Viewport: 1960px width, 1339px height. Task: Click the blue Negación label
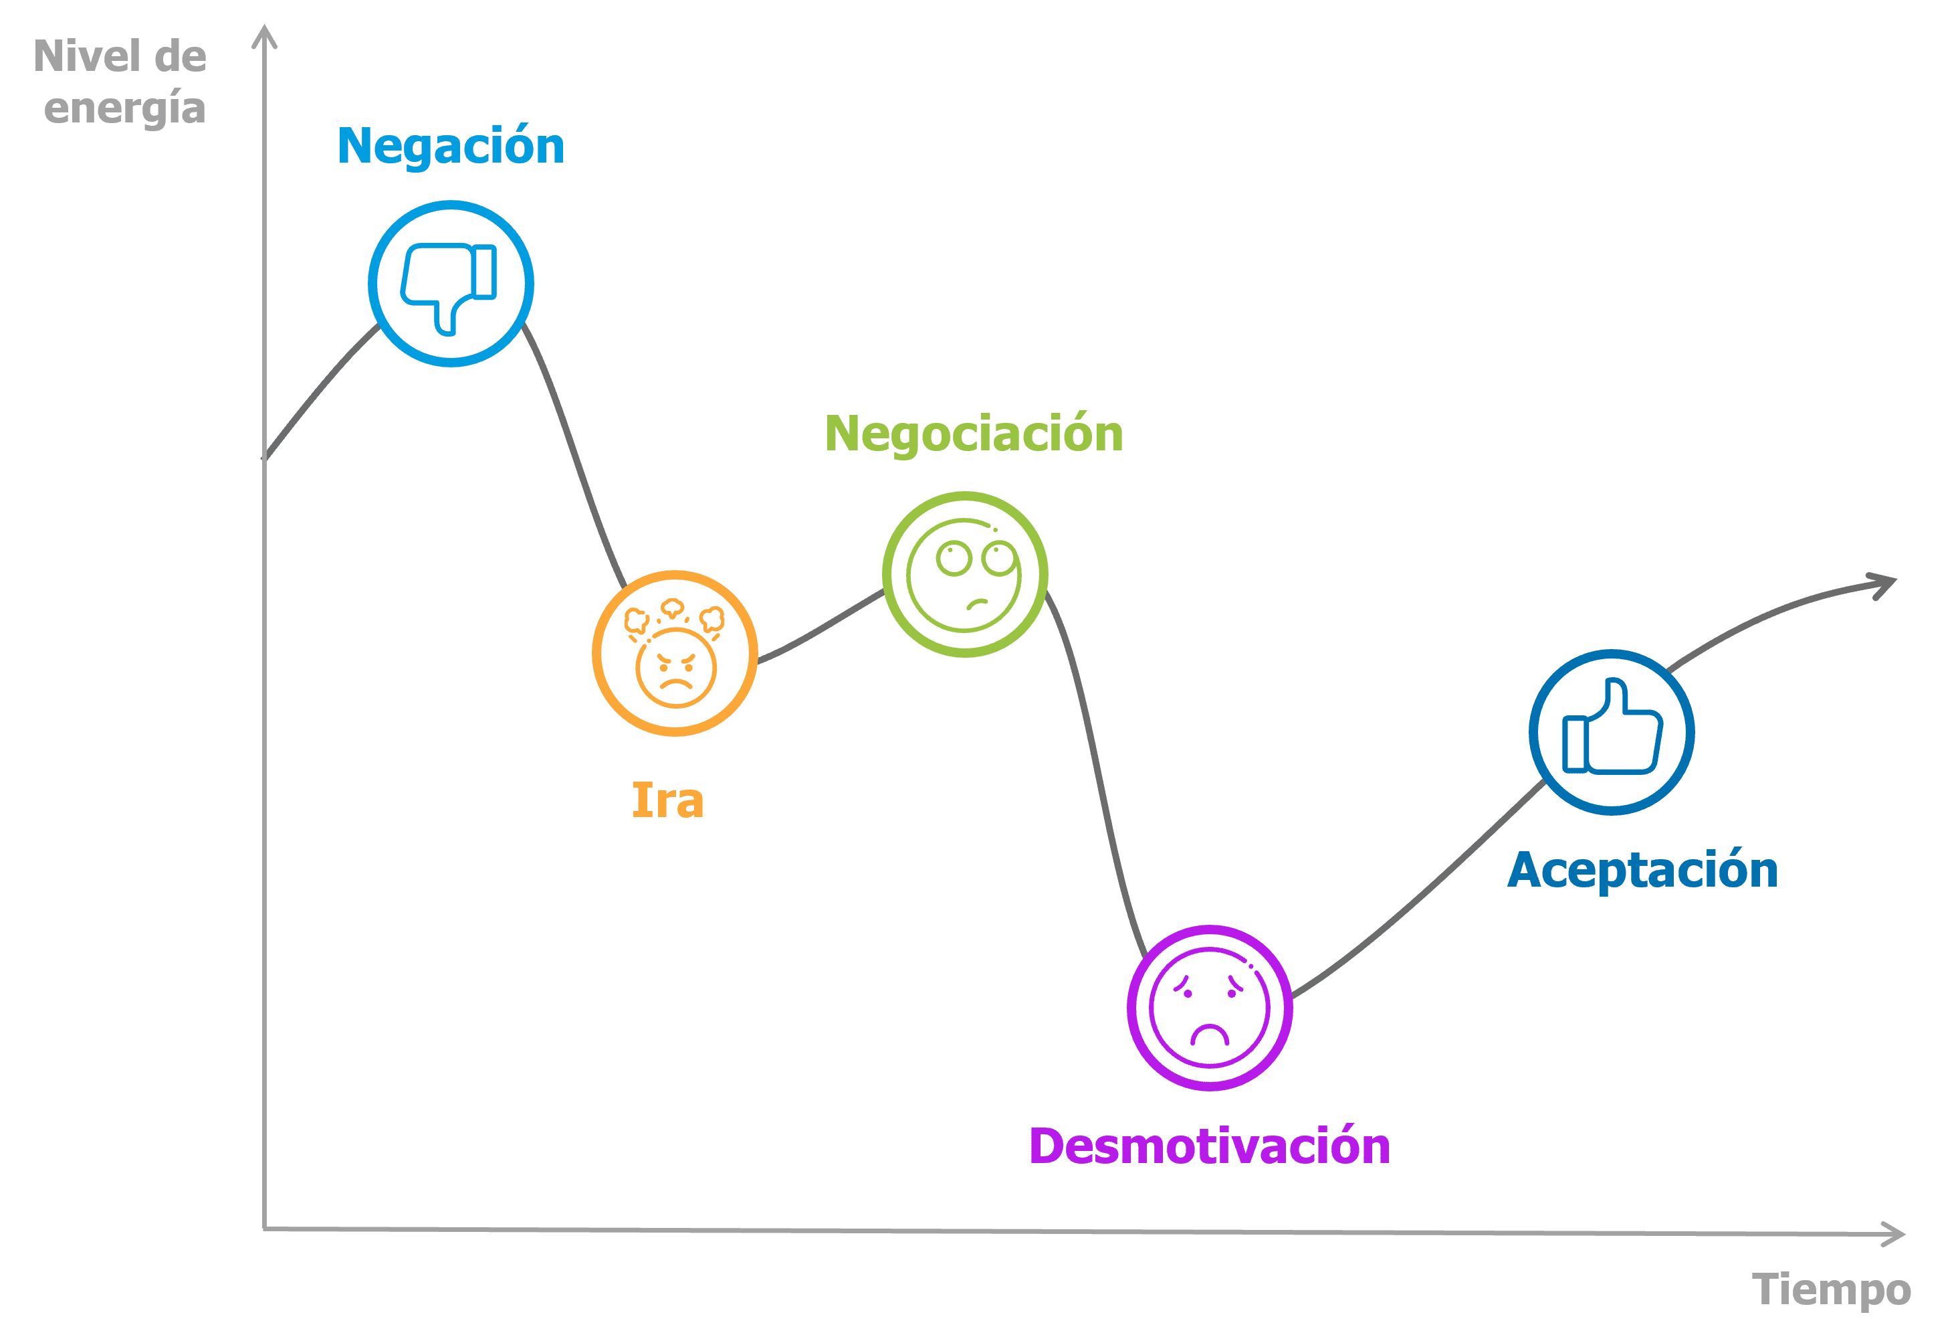click(451, 147)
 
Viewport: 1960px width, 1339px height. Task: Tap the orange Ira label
click(668, 800)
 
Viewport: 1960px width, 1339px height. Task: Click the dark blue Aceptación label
click(1643, 871)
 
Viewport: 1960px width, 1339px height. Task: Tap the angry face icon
click(675, 653)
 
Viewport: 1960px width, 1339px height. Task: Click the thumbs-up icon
click(1612, 727)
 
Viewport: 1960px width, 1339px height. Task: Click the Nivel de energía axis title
click(120, 82)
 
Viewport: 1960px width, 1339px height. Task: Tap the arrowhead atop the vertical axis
click(265, 35)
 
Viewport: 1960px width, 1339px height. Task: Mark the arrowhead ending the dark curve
click(1886, 585)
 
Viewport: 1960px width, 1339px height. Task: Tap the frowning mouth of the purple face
click(1210, 1033)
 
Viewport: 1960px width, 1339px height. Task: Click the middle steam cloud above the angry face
click(672, 608)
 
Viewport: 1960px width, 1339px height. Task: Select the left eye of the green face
click(954, 559)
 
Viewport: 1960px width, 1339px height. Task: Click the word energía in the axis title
click(125, 108)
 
